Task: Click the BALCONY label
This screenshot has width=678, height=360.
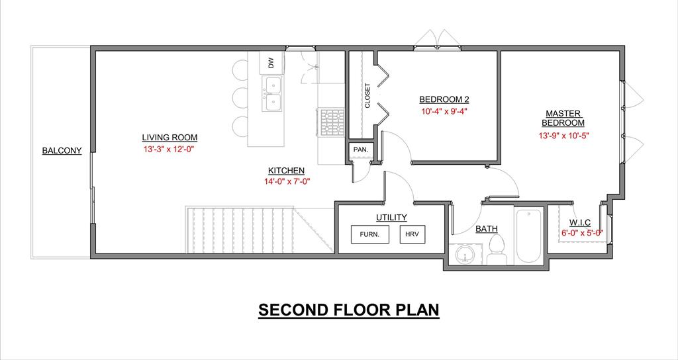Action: tap(62, 151)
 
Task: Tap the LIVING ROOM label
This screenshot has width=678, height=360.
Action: tap(169, 138)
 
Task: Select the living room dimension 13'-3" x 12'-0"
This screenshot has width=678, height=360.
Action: tap(169, 150)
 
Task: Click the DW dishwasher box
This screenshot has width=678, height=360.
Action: tap(271, 63)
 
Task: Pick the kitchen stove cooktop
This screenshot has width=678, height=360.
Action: tap(332, 122)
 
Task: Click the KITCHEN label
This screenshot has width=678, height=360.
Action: tap(286, 170)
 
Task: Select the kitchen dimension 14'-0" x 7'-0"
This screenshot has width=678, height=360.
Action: tap(287, 181)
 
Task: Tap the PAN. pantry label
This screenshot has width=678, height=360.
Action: tap(361, 150)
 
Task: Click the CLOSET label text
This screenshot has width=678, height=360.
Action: tap(367, 95)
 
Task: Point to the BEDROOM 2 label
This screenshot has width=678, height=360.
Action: tap(444, 99)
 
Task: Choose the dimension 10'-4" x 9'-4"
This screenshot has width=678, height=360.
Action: tap(444, 111)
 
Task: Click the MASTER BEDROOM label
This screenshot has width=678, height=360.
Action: tap(563, 118)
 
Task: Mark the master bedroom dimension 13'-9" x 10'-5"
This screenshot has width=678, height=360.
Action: tap(564, 135)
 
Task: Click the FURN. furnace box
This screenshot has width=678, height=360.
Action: tap(369, 235)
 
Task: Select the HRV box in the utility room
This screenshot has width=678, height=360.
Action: tap(412, 235)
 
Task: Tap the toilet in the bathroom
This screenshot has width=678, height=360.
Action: tap(497, 249)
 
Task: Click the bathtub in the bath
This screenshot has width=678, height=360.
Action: tap(528, 236)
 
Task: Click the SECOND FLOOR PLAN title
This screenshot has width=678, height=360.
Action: tap(348, 310)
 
